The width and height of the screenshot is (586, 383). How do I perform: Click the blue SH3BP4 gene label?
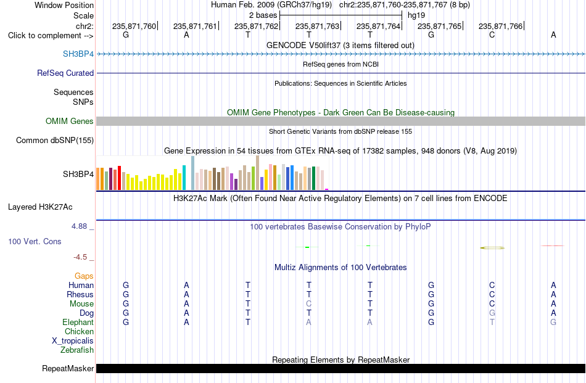(x=78, y=54)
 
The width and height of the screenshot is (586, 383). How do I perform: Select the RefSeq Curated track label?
(x=65, y=73)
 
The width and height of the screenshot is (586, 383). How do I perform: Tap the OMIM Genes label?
(x=70, y=121)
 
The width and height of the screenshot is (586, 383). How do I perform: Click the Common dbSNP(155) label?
(x=55, y=140)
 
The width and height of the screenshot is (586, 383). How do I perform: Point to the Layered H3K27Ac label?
(x=40, y=207)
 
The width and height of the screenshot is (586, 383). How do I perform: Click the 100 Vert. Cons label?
(x=35, y=241)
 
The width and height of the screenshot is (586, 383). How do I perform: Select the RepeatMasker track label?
(x=68, y=368)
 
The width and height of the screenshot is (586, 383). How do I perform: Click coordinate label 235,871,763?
(x=317, y=26)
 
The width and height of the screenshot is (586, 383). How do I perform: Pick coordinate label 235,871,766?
(x=500, y=26)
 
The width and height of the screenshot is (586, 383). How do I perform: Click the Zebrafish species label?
(x=77, y=350)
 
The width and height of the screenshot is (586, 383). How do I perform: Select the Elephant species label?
(x=78, y=322)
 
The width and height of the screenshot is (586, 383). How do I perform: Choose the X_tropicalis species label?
(x=73, y=341)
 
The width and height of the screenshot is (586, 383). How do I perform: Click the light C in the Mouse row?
(x=308, y=304)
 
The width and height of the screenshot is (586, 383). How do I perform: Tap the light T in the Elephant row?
(x=492, y=322)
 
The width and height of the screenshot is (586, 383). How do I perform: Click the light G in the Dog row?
(x=492, y=313)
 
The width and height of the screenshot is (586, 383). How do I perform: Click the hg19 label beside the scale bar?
(x=416, y=15)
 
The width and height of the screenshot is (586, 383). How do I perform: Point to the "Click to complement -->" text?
(x=51, y=36)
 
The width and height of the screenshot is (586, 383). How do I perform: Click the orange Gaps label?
(x=84, y=276)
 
